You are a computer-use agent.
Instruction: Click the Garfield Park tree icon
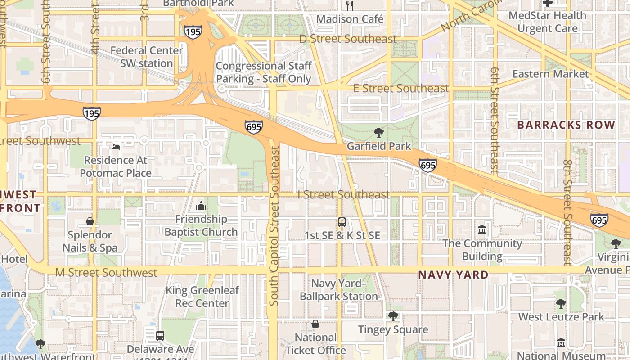point(379,133)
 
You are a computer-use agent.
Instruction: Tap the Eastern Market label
point(550,74)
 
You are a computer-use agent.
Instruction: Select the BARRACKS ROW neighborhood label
point(566,125)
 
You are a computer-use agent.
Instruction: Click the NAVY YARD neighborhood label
point(453,274)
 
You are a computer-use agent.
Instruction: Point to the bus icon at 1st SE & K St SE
point(342,222)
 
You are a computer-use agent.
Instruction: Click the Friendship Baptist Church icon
point(201,206)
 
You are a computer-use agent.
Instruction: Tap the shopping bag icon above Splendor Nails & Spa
point(90,221)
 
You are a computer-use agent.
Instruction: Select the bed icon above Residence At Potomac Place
point(116,147)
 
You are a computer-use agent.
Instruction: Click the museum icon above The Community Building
point(482,230)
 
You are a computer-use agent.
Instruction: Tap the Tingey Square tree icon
point(393,316)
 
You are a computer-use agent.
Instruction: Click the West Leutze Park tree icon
point(561,304)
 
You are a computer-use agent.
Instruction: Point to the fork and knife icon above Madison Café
point(350,5)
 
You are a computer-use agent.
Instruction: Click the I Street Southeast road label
point(343,195)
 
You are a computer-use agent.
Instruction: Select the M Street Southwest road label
point(106,272)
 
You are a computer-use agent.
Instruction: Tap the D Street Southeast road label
point(348,39)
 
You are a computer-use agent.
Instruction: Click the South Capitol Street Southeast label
point(274,226)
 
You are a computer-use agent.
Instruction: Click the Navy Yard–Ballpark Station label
point(338,290)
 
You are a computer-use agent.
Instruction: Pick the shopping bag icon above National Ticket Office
point(315,324)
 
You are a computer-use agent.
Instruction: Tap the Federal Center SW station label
point(147,57)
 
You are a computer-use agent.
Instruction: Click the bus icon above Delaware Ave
point(160,336)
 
